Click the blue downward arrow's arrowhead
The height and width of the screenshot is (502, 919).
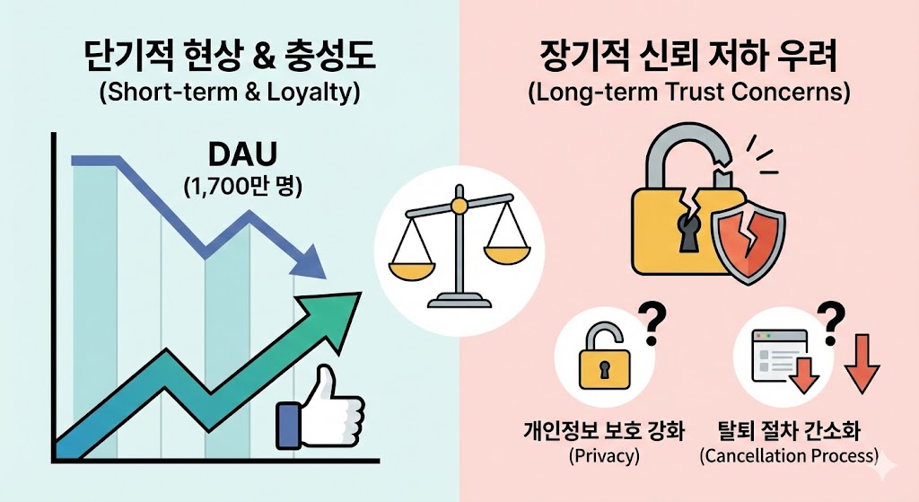point(311,260)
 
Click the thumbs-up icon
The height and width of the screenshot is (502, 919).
point(319,410)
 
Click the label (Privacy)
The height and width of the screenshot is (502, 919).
point(604,455)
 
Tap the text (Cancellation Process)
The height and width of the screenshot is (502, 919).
point(789,455)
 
